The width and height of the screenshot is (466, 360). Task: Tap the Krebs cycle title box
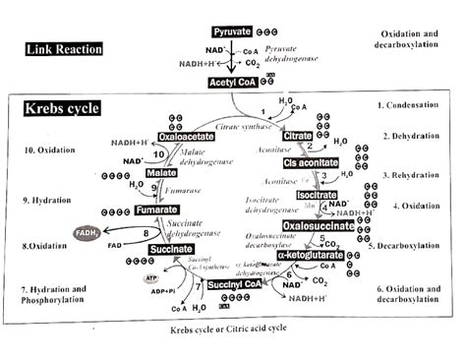pyautogui.click(x=60, y=108)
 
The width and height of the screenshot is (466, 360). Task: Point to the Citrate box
pyautogui.click(x=298, y=134)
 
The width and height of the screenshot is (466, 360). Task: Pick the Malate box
pyautogui.click(x=161, y=173)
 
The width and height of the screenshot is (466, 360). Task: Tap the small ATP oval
pyautogui.click(x=152, y=279)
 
